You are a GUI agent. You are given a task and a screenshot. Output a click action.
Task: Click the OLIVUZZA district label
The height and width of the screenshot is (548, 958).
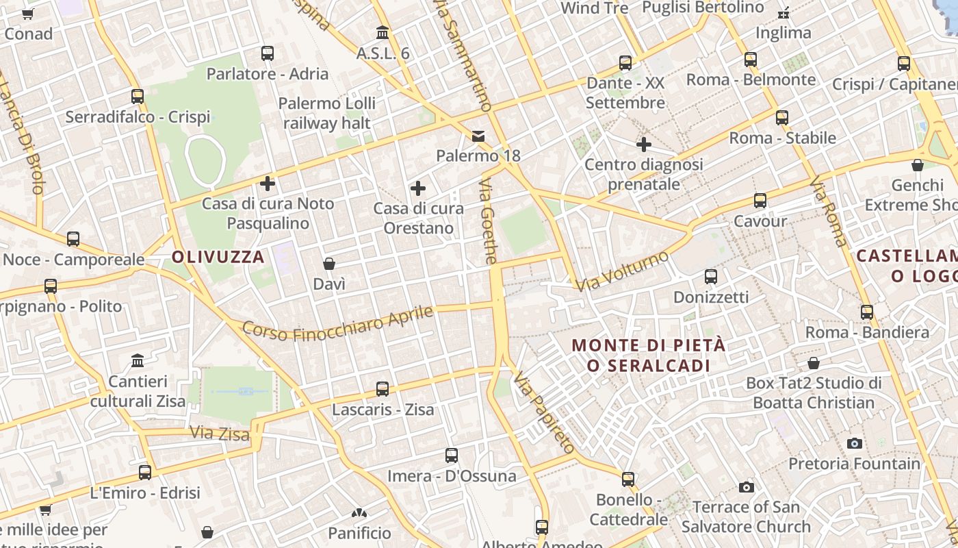point(218,258)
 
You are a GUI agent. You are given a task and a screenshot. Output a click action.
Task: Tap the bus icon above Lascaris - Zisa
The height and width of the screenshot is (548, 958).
point(383,389)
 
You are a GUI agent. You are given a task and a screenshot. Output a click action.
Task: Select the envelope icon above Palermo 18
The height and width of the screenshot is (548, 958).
point(478,136)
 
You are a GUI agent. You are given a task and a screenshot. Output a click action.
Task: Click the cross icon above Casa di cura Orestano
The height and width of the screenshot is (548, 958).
point(418,188)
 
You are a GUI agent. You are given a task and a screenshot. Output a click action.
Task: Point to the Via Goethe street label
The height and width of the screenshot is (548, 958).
point(487,222)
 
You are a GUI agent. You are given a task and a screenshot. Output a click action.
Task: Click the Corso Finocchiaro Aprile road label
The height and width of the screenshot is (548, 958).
point(338,324)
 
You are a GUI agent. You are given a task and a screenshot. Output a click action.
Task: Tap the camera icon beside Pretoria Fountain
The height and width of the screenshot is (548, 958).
point(854,443)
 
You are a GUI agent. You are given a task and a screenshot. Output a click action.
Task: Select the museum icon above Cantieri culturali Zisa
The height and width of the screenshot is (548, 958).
point(138,360)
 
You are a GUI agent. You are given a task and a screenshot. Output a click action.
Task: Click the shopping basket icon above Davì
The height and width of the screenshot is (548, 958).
point(329,264)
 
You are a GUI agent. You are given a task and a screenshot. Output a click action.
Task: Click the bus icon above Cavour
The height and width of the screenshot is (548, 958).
point(760,201)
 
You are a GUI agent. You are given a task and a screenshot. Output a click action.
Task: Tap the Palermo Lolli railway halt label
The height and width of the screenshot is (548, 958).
point(327,114)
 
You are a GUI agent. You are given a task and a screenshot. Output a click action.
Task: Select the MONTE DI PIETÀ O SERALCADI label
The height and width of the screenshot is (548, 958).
point(649,356)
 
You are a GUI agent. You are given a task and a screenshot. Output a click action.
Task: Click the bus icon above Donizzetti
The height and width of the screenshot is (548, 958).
point(711,277)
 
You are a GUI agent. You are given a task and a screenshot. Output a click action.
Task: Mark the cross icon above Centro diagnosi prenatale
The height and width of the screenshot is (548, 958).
point(643,145)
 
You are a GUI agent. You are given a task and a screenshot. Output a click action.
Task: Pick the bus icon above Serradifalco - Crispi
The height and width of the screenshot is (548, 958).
point(138,97)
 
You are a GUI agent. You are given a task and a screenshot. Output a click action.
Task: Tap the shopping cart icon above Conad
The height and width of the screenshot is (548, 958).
point(28,14)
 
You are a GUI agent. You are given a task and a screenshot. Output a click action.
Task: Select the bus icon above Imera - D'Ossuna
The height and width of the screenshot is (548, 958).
point(452,456)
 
